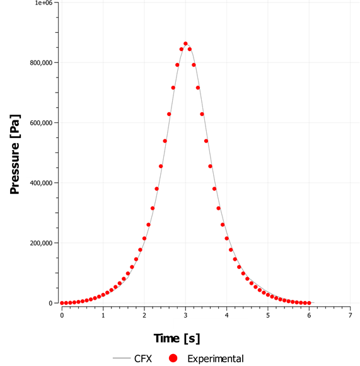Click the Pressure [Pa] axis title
point(15,154)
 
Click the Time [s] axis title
point(174,338)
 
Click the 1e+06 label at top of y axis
point(42,3)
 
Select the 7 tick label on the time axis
point(350,315)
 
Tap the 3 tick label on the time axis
point(185,315)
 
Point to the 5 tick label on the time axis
point(268,315)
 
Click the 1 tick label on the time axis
point(103,315)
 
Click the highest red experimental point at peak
point(185,44)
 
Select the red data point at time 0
point(62,303)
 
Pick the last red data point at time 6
point(309,303)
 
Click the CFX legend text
point(142,358)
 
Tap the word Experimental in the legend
point(216,358)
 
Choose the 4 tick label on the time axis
point(226,315)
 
